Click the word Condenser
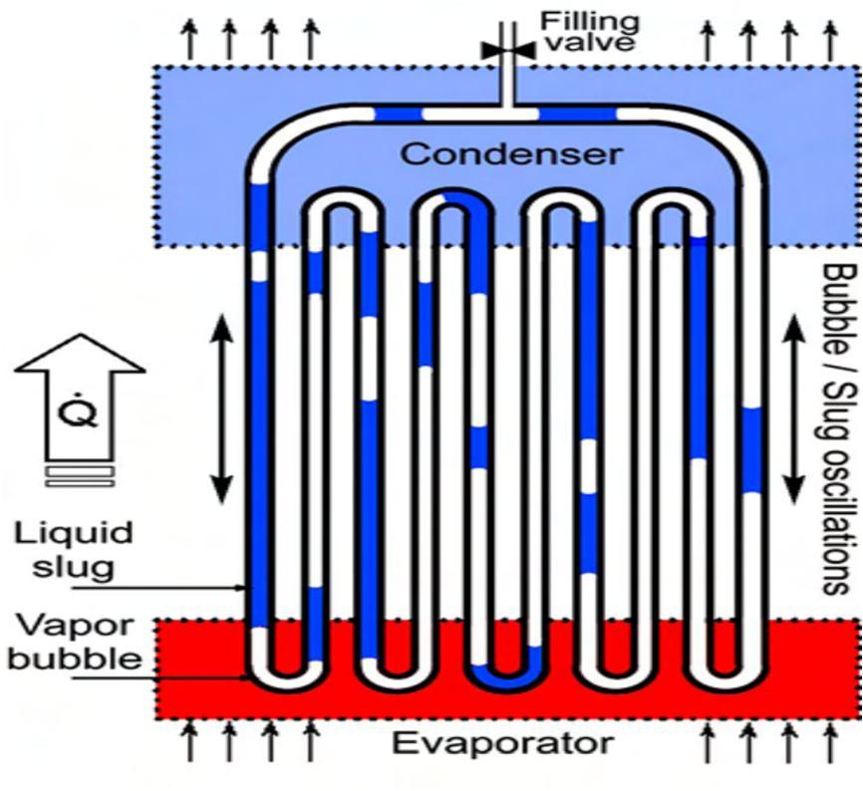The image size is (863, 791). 511,154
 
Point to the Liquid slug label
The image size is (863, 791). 73,549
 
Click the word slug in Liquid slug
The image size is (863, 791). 72,566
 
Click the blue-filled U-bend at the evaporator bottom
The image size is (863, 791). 506,678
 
